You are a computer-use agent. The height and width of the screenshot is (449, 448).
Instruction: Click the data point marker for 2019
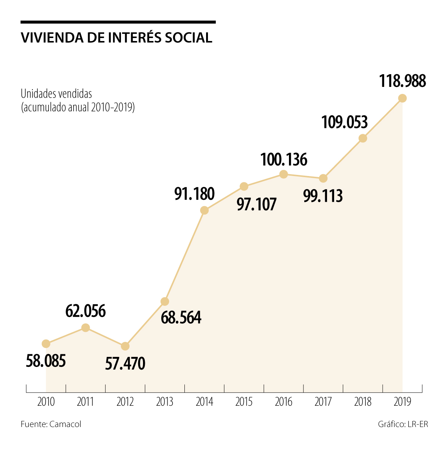pyautogui.click(x=402, y=98)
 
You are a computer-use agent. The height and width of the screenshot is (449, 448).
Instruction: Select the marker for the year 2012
pyautogui.click(x=125, y=346)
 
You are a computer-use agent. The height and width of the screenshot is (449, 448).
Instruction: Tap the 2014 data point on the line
pyautogui.click(x=204, y=210)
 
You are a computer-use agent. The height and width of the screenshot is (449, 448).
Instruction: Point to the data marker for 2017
pyautogui.click(x=323, y=178)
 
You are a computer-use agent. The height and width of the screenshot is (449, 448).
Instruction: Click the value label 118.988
pyautogui.click(x=402, y=81)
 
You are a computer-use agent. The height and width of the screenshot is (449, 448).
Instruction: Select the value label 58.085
pyautogui.click(x=46, y=361)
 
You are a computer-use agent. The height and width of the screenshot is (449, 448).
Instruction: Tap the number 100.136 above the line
pyautogui.click(x=283, y=160)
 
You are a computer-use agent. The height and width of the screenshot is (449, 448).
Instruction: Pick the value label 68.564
pyautogui.click(x=181, y=317)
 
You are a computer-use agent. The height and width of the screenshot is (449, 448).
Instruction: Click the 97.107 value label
pyautogui.click(x=257, y=204)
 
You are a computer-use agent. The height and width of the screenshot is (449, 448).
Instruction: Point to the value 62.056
pyautogui.click(x=85, y=311)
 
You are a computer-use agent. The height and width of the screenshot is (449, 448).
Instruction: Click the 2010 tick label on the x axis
pyautogui.click(x=46, y=402)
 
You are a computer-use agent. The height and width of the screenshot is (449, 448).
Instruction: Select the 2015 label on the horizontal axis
pyautogui.click(x=244, y=402)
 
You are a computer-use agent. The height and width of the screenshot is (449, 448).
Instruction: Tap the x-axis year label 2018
pyautogui.click(x=363, y=402)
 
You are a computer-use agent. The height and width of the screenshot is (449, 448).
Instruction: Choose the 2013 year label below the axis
pyautogui.click(x=165, y=402)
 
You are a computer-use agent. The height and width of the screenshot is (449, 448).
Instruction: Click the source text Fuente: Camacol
pyautogui.click(x=51, y=424)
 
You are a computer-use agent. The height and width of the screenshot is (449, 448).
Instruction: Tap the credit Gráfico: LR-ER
pyautogui.click(x=403, y=424)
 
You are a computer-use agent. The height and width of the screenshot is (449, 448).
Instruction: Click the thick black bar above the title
pyautogui.click(x=118, y=22)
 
